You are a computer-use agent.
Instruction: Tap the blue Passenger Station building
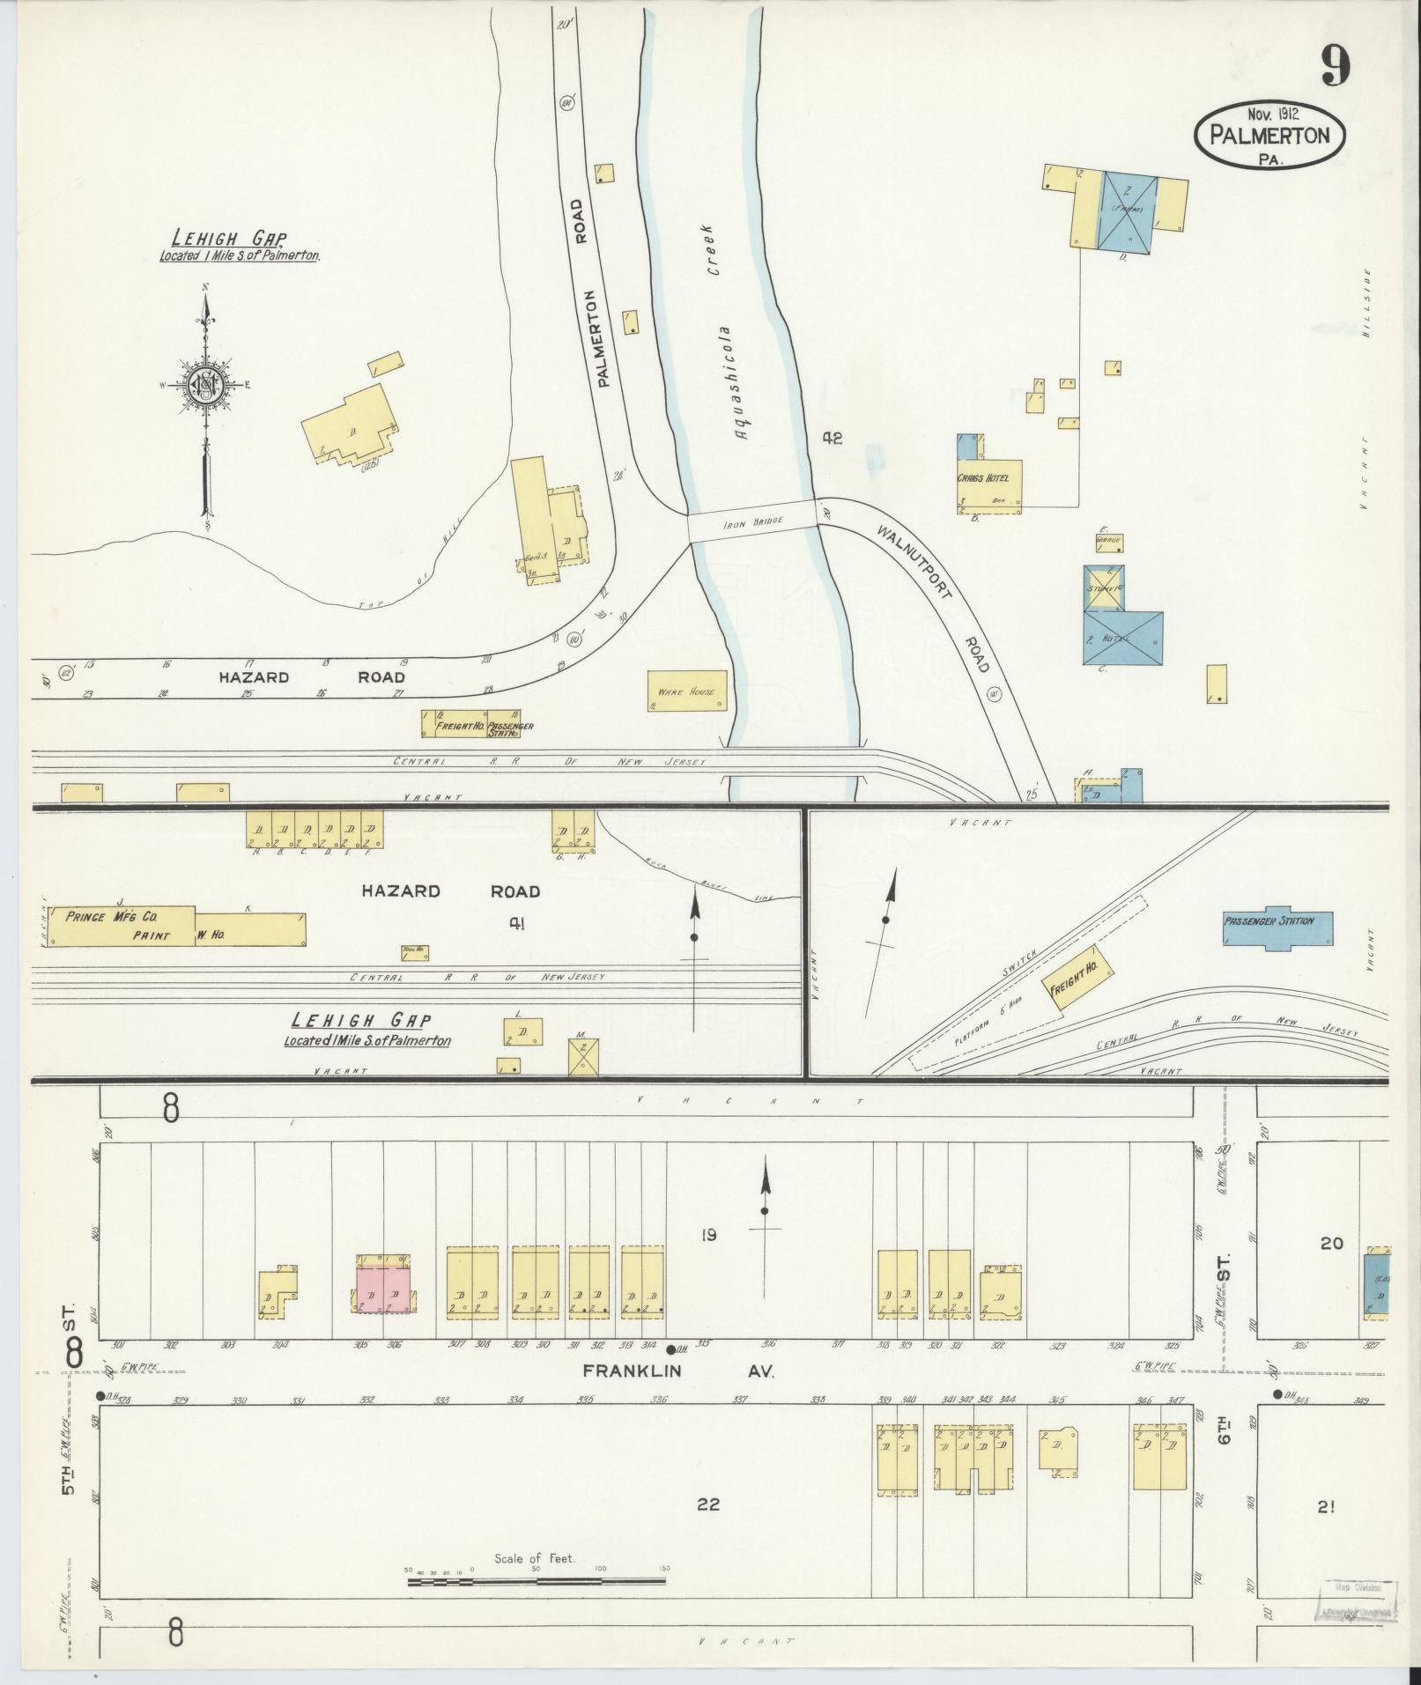tap(1277, 928)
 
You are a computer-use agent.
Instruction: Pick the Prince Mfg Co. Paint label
tap(119, 926)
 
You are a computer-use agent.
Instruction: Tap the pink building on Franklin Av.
tap(383, 1295)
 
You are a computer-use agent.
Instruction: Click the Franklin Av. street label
tap(678, 1396)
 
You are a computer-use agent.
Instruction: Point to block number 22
tap(708, 1504)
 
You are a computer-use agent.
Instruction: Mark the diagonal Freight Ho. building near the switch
tap(1077, 978)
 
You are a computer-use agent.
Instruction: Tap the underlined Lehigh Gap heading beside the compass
tap(229, 238)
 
